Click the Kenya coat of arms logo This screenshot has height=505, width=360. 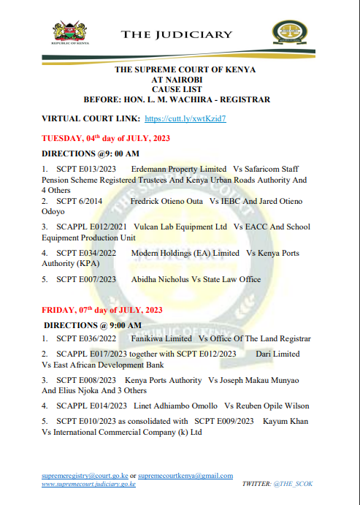coord(71,33)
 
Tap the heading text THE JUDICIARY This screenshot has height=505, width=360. coord(177,34)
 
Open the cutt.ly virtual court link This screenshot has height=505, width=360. coord(185,118)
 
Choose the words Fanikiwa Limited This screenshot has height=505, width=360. coord(161,338)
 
